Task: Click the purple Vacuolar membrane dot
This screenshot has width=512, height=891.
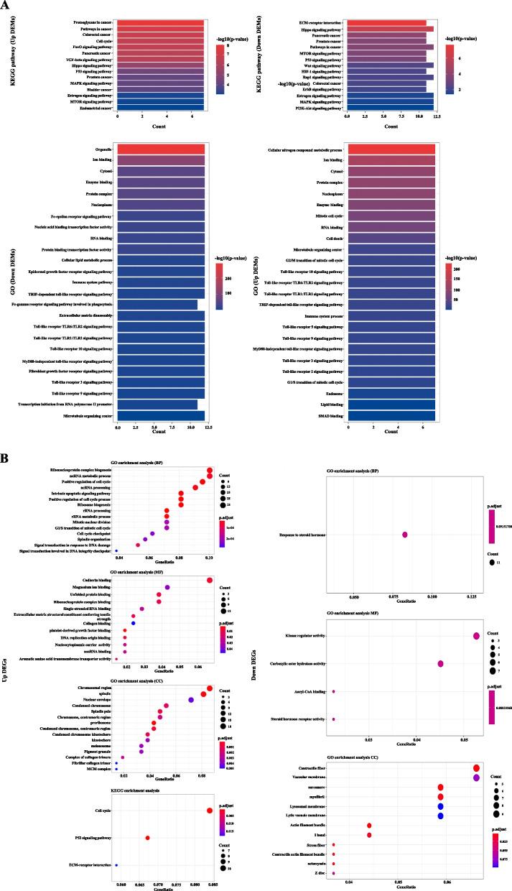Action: pyautogui.click(x=476, y=777)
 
